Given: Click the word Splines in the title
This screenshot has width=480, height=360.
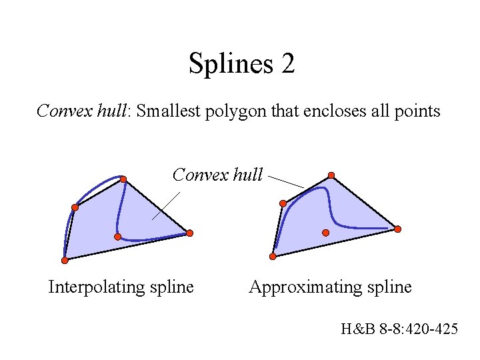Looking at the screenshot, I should pos(227,64).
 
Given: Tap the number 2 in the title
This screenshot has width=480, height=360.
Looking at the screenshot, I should pos(287,64).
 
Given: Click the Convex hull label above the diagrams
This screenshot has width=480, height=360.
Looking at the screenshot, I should pos(217,175).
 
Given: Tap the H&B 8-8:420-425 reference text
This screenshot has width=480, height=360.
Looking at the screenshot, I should pos(399,328).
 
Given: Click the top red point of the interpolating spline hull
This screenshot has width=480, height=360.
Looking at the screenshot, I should pos(123,179).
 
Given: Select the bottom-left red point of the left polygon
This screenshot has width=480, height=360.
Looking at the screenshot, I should pos(65,260).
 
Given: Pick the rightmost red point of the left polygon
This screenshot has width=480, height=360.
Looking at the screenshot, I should pos(189,233).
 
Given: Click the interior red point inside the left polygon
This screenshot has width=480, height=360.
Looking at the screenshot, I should pos(117,237).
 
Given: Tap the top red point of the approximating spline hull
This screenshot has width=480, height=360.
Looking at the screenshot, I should pos(331,176).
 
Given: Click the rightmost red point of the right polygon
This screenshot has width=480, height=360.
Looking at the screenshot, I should pos(398,229).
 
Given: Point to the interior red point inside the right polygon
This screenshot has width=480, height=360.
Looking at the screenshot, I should pos(325,233).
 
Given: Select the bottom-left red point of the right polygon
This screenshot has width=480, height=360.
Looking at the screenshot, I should pos(273,257).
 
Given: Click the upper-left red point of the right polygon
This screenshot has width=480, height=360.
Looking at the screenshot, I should pos(283,203).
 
